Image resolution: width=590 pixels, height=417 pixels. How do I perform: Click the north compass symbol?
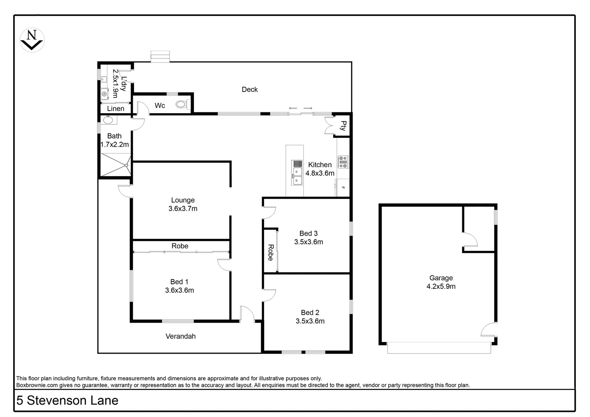32,40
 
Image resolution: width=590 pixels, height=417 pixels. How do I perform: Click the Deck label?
249,90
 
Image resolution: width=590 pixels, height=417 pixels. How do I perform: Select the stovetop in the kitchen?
343,162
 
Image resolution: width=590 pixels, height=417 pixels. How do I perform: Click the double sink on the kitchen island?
297,176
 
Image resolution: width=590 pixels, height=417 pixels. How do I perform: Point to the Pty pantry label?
343,125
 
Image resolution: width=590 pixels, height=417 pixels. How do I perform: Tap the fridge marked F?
343,188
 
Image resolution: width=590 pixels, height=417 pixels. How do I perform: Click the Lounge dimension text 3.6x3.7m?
183,209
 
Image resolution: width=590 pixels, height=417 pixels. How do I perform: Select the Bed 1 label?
179,282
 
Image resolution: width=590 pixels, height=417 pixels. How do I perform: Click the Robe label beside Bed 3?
270,253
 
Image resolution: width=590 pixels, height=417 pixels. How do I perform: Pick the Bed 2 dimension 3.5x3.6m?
310,321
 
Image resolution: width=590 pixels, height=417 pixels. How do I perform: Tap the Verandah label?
180,336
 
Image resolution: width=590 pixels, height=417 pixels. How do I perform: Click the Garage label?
441,278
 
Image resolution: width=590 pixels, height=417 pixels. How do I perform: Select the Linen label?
115,109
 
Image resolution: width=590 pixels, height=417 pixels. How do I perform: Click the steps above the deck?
160,56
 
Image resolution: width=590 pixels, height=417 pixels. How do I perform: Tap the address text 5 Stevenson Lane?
67,401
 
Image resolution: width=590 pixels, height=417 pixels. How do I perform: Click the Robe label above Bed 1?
180,246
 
